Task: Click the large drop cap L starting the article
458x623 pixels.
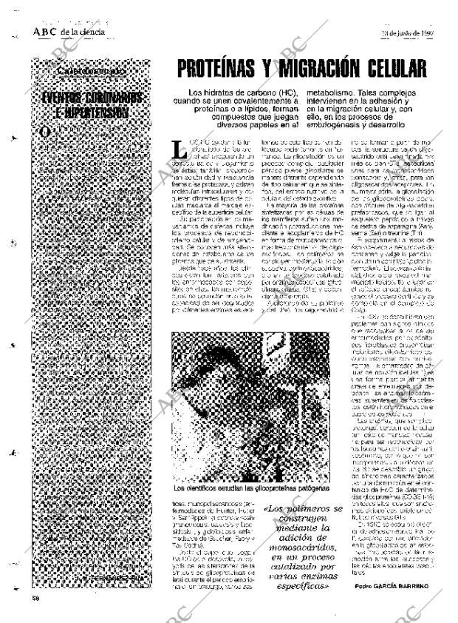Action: tap(177, 150)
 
